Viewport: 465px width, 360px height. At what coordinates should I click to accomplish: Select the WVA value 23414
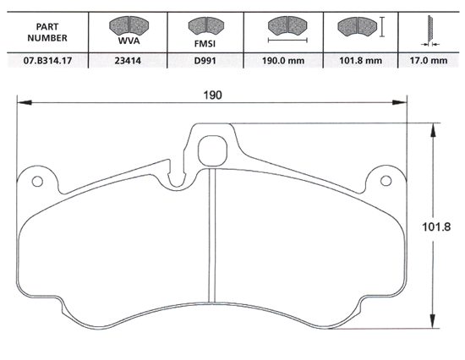pos(127,60)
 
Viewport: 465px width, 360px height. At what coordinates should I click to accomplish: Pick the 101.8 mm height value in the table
pos(361,60)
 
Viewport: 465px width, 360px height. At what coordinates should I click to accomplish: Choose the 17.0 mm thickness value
pos(429,60)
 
